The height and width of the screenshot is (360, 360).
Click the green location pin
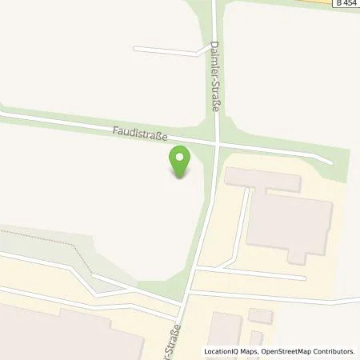pos(180,162)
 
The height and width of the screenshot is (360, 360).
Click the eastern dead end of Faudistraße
pos(329,161)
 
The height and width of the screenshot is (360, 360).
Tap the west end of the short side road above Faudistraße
pos(135,49)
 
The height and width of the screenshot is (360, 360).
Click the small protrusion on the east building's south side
pos(297,256)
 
